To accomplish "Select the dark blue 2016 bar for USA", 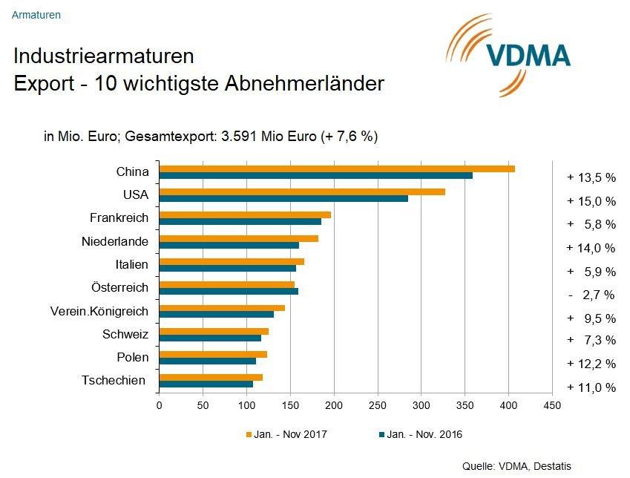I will (283, 198).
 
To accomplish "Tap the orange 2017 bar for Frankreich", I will (245, 215).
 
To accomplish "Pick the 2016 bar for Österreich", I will (229, 291).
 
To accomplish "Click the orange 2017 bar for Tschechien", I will (211, 377).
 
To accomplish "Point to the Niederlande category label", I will (115, 241).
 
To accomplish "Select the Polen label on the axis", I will (133, 357).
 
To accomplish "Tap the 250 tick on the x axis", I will (378, 405).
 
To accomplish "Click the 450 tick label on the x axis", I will (551, 405).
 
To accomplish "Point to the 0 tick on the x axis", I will (160, 405).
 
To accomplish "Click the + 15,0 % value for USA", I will (591, 200).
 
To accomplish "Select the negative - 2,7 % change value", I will (591, 295).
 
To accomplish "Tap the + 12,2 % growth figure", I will (591, 364).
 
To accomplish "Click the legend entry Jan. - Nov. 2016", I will (420, 434).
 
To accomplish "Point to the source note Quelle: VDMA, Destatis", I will (516, 466).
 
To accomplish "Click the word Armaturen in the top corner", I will (36, 14).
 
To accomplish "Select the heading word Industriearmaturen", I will (104, 56).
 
